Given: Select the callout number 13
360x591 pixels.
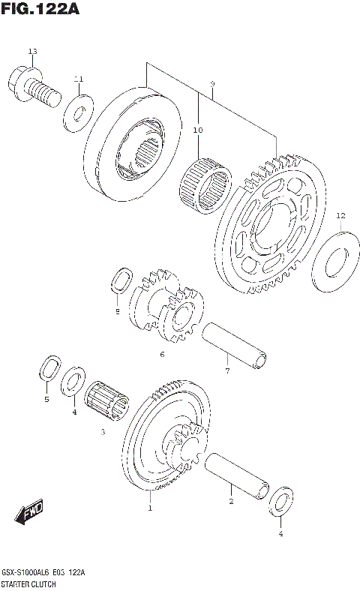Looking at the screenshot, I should click(32, 51).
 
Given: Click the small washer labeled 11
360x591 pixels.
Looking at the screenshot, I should click(77, 112).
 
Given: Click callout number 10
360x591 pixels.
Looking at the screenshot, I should click(198, 130).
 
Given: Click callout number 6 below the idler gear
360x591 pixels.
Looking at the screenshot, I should click(160, 354).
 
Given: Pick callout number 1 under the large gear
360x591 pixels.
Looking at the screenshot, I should click(149, 508).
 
